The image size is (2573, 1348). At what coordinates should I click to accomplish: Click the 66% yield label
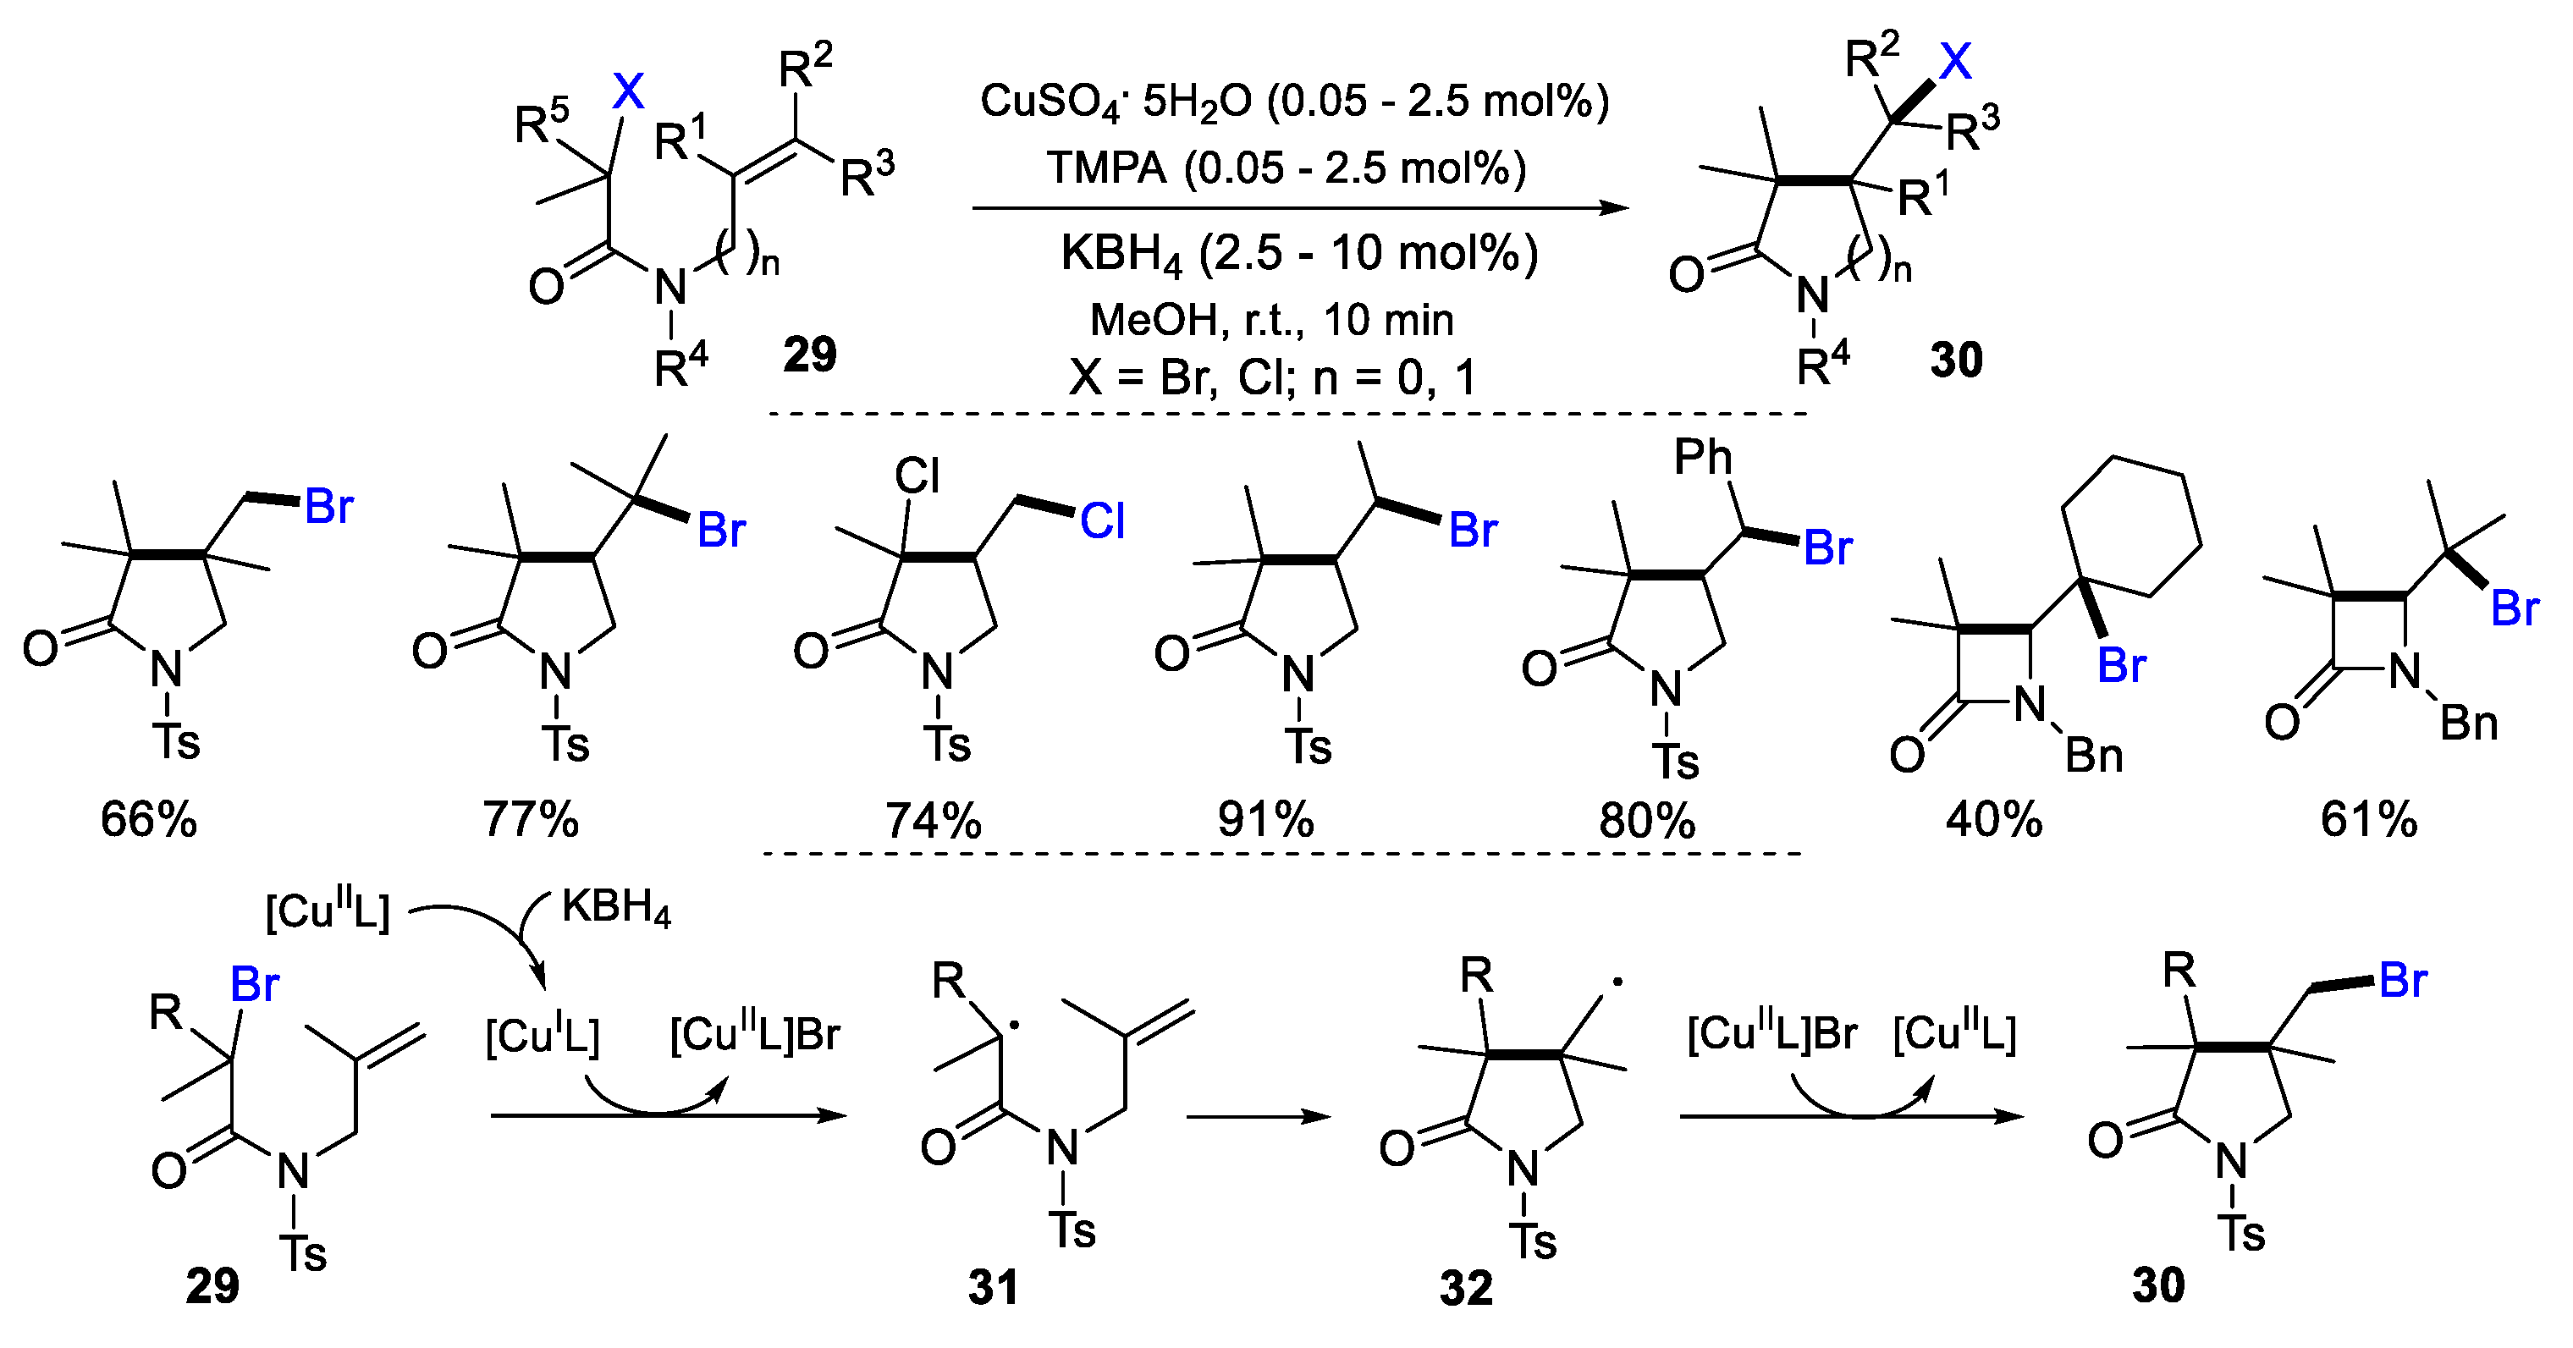(149, 820)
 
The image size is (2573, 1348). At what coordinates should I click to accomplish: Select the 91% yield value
(1265, 820)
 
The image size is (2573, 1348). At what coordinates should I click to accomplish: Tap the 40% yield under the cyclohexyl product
(1994, 820)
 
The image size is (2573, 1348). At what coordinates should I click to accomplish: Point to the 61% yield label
(2369, 820)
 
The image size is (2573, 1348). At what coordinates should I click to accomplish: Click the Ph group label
(1703, 457)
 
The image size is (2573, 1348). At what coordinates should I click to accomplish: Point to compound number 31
(993, 1287)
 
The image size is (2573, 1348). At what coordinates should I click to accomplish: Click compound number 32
(1466, 1288)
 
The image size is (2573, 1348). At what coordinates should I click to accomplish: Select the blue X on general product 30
(1955, 62)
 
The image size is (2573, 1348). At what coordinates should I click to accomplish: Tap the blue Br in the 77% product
(721, 531)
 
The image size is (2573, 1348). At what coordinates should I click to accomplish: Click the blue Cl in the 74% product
(1102, 521)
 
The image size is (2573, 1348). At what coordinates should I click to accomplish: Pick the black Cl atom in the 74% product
(916, 476)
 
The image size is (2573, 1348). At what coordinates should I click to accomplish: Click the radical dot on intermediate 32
(1617, 982)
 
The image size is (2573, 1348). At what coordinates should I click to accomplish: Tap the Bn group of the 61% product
(2468, 723)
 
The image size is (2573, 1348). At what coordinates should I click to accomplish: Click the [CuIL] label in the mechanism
(542, 1037)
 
